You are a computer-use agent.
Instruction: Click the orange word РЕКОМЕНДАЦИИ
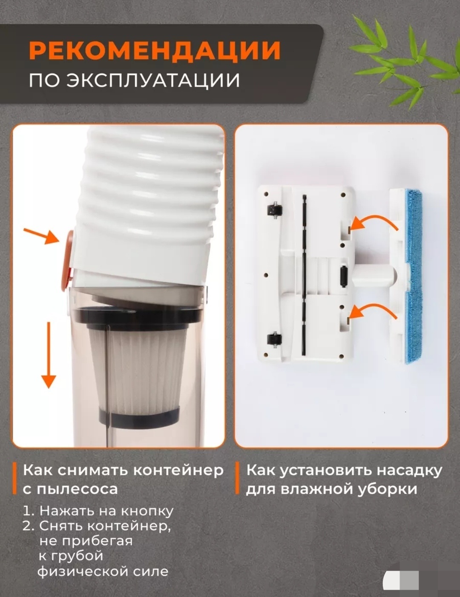tap(155, 50)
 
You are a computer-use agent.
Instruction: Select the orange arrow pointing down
tap(49, 355)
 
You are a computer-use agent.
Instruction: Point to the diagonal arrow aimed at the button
tap(41, 236)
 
